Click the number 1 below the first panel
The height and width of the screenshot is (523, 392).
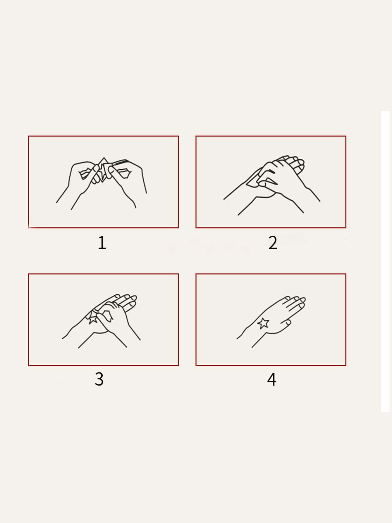pyautogui.click(x=102, y=243)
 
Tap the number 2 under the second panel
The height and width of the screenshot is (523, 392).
pyautogui.click(x=273, y=243)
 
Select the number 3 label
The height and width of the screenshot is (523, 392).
pyautogui.click(x=99, y=379)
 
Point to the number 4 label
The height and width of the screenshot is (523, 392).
pyautogui.click(x=271, y=379)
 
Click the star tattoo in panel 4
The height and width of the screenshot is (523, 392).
pyautogui.click(x=263, y=323)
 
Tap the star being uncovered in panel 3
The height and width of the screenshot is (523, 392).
pyautogui.click(x=93, y=318)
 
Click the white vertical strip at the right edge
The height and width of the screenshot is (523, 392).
pyautogui.click(x=385, y=261)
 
